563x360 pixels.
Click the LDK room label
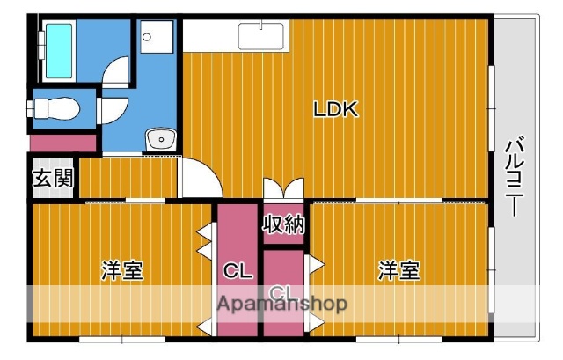pos(334,110)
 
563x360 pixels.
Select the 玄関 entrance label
pos(54,180)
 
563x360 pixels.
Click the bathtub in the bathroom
pos(60,51)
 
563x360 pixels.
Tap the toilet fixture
pos(55,107)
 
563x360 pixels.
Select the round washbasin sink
pos(161,139)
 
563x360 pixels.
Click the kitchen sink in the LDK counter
pos(261,38)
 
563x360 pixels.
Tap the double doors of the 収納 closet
pos(283,191)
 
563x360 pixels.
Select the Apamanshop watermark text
pos(281,304)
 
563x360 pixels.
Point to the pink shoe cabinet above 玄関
pos(62,142)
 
